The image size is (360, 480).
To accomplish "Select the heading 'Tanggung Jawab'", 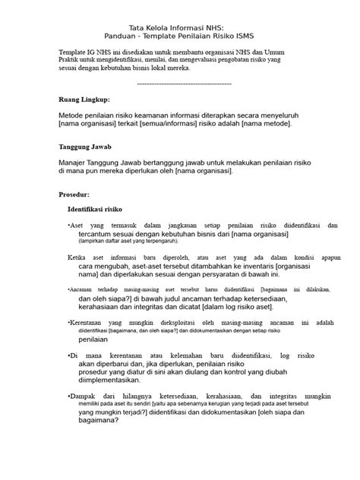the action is click(x=86, y=148).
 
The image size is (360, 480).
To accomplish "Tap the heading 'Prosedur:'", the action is click(x=77, y=194).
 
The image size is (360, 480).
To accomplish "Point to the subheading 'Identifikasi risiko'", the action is click(x=99, y=208).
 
